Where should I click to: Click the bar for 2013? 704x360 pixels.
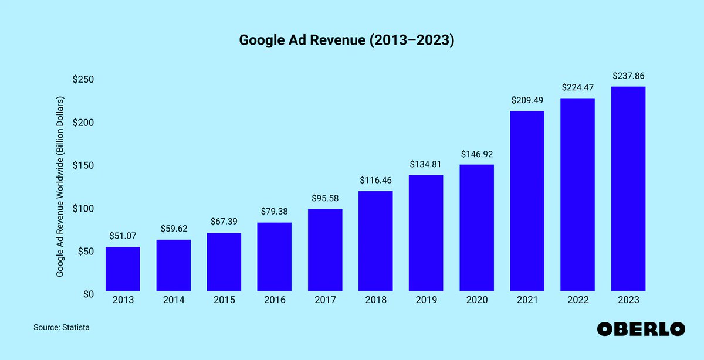[x=123, y=269]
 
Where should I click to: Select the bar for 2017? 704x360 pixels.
[x=325, y=250]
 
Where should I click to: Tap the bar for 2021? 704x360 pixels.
[x=527, y=201]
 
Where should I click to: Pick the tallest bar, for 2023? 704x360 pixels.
[x=628, y=189]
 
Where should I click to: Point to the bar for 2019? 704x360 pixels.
[x=426, y=233]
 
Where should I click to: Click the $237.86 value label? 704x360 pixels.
[x=628, y=76]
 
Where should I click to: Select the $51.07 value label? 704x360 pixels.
[x=123, y=236]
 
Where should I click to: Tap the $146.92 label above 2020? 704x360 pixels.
[x=476, y=154]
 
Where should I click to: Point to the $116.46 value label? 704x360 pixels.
[x=375, y=180]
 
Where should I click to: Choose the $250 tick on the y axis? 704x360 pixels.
[x=83, y=80]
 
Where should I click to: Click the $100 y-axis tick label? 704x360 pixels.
[x=83, y=209]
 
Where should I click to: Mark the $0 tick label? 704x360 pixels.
[x=89, y=294]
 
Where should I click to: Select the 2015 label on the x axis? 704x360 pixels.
[x=224, y=300]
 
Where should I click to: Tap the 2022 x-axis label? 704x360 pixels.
[x=577, y=300]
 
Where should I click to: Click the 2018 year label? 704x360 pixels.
[x=375, y=300]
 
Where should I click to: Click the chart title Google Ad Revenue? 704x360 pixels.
[x=346, y=40]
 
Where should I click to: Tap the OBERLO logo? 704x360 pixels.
[x=641, y=329]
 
